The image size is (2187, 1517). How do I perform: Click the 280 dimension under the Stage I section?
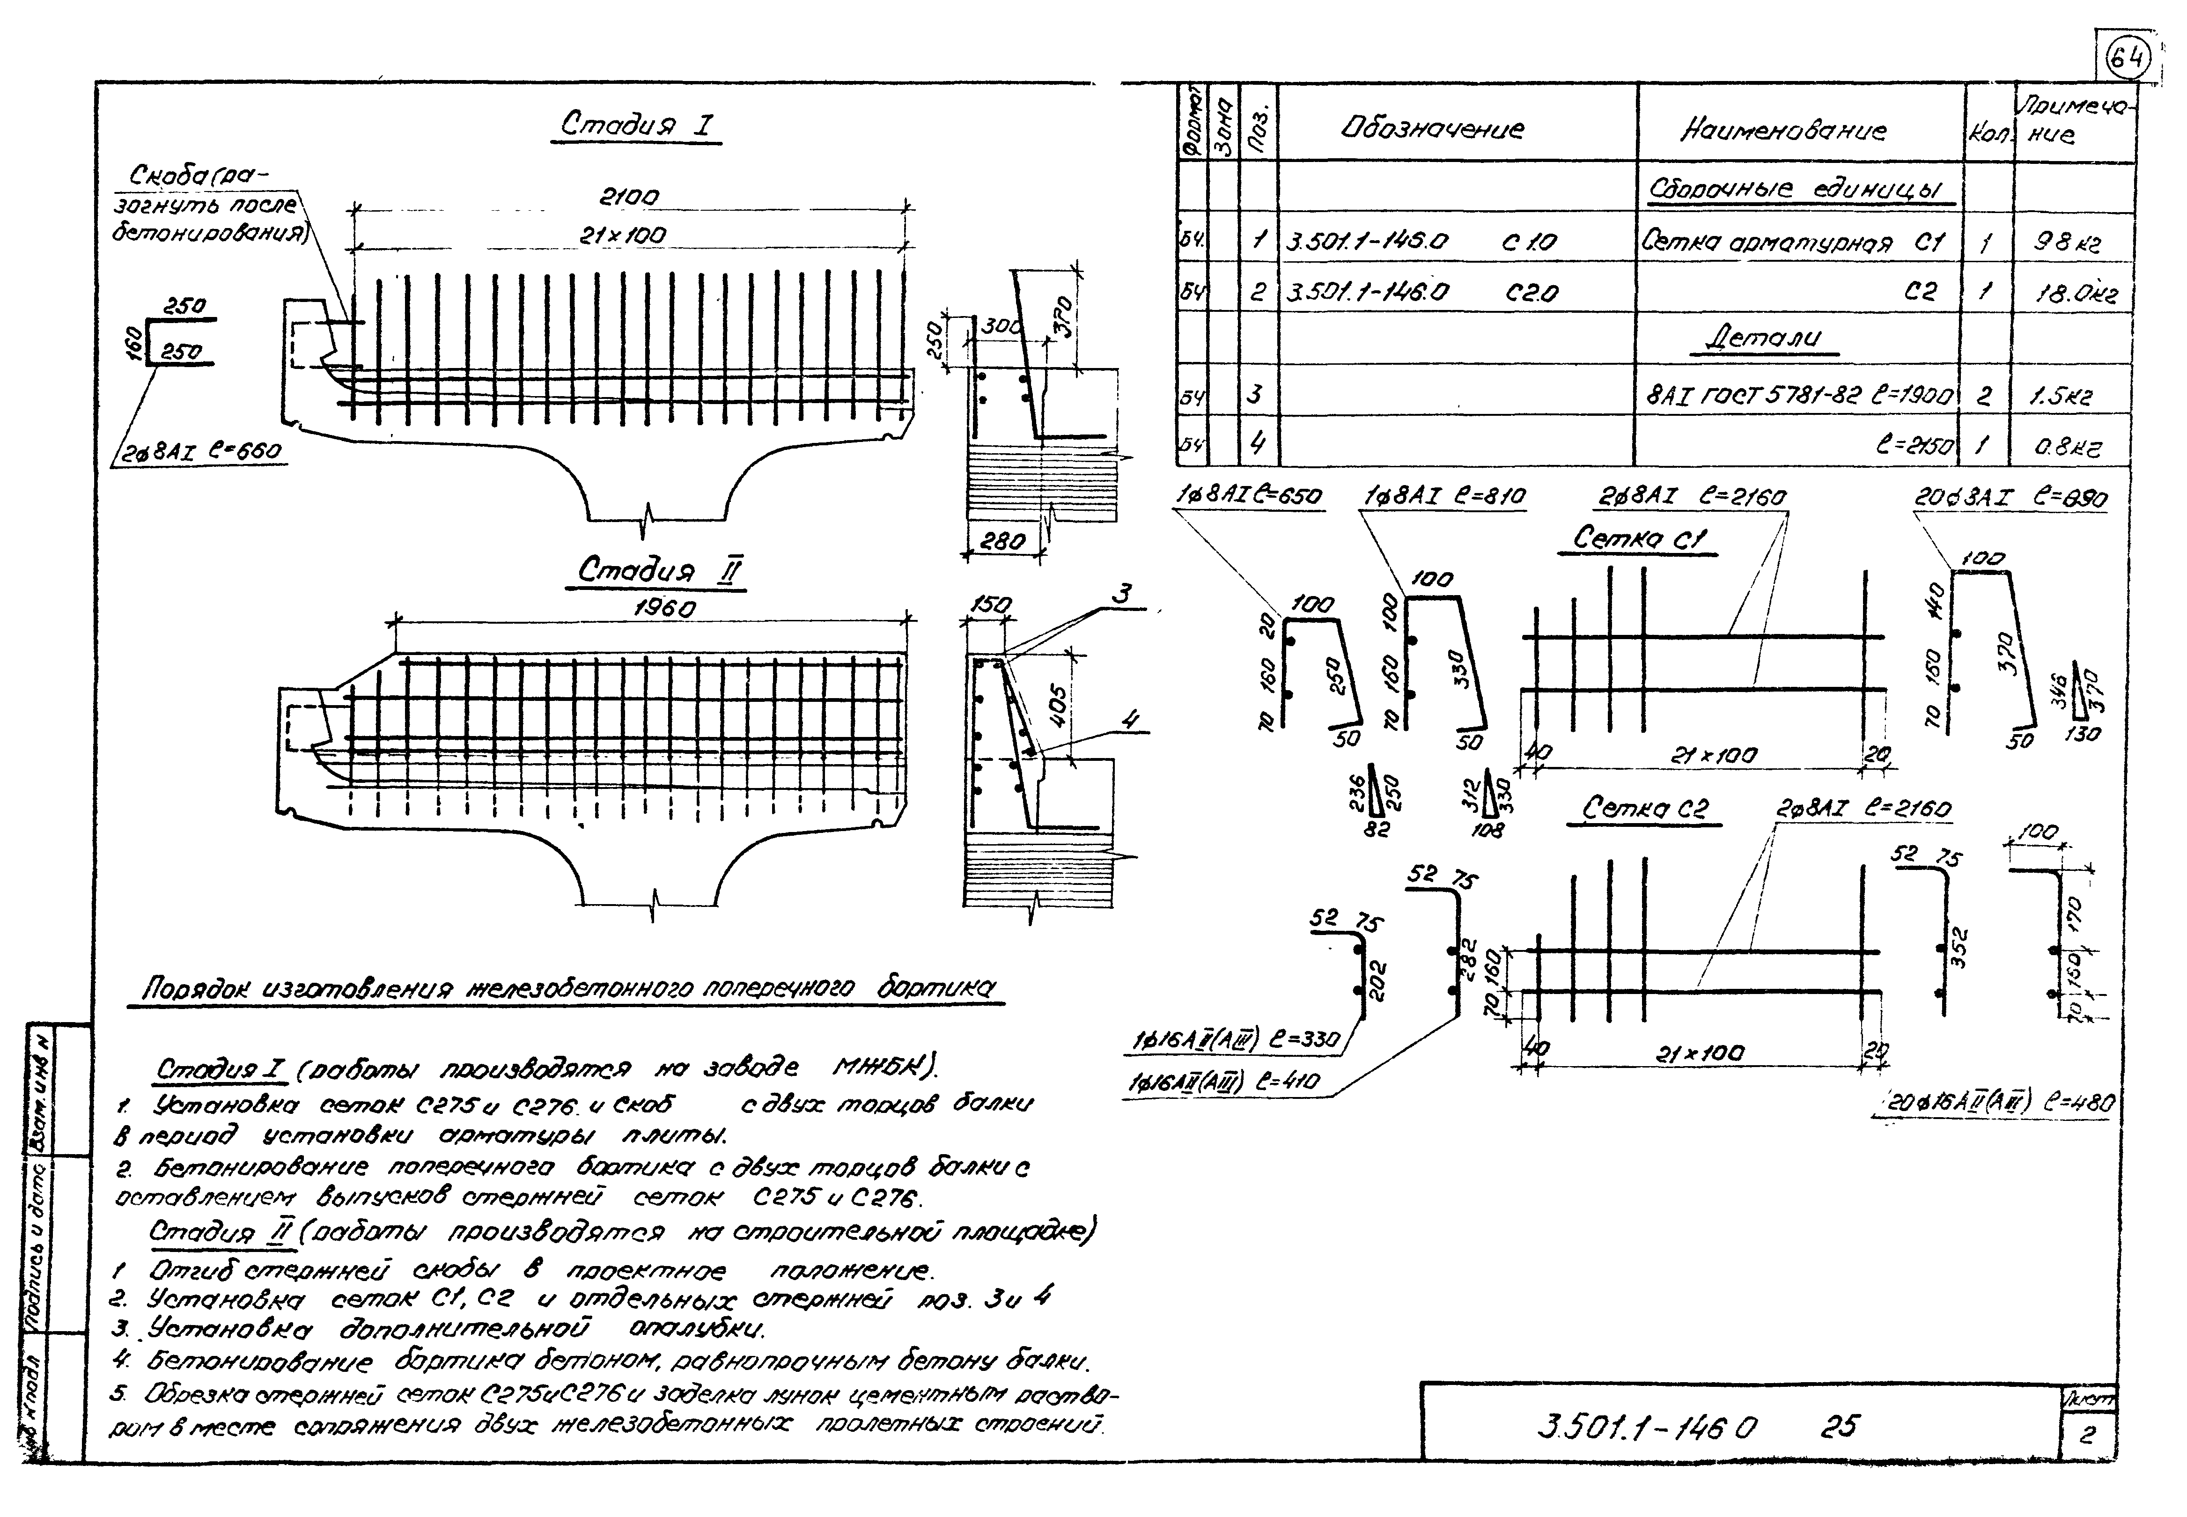[1002, 541]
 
